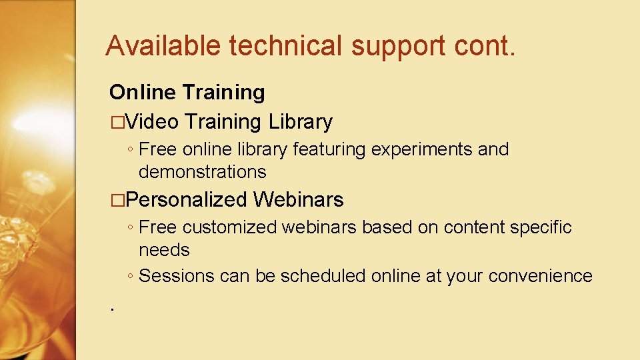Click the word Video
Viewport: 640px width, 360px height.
[153, 121]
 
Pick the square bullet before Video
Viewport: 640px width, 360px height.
[117, 122]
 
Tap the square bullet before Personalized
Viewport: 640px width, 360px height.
[117, 199]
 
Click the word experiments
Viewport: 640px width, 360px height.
[422, 149]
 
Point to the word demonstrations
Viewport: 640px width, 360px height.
[202, 172]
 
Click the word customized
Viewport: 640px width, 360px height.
[230, 227]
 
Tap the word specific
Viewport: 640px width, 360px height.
[541, 227]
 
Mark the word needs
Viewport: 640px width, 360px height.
[164, 250]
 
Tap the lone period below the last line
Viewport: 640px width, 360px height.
[113, 309]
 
